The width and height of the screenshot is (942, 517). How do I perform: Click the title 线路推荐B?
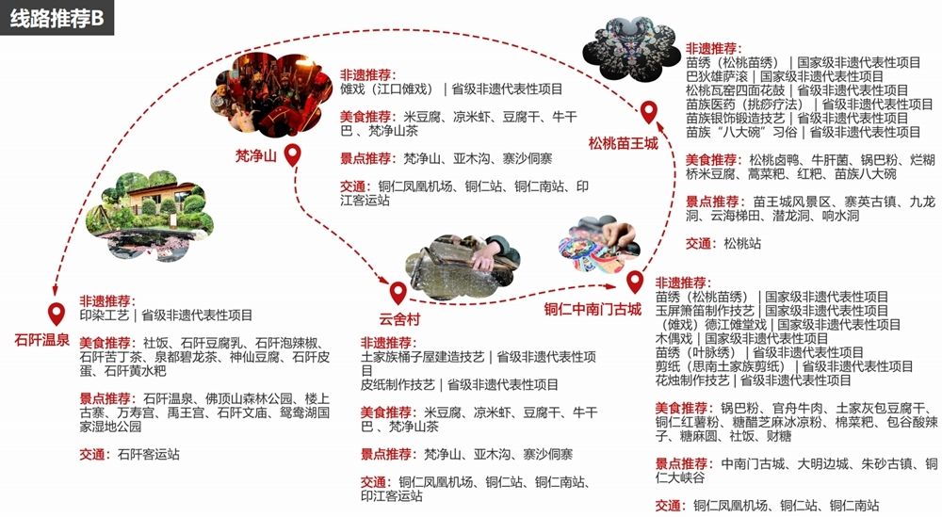(x=57, y=18)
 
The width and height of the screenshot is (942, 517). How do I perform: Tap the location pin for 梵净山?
(x=293, y=155)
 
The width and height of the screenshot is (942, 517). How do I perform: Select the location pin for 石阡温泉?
(x=57, y=314)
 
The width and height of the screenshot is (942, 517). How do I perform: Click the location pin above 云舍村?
(x=398, y=293)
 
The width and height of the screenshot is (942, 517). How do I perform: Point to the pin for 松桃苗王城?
(x=648, y=112)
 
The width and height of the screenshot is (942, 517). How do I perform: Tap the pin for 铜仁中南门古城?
(x=635, y=282)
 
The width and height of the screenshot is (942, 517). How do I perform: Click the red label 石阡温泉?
(x=42, y=341)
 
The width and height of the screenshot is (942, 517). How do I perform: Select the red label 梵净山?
(x=256, y=156)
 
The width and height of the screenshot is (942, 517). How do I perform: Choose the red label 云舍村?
(x=399, y=319)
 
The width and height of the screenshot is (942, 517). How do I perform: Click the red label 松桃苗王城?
(x=623, y=143)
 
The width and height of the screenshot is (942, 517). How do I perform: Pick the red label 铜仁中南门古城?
(x=593, y=309)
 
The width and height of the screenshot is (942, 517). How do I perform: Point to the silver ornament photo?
(x=631, y=49)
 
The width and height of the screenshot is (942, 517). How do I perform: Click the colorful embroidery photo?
(x=599, y=245)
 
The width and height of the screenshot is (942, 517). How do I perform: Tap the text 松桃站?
(x=742, y=244)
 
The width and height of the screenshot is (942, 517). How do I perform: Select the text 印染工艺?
(x=105, y=315)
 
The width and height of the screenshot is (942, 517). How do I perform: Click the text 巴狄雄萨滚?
(x=717, y=77)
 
